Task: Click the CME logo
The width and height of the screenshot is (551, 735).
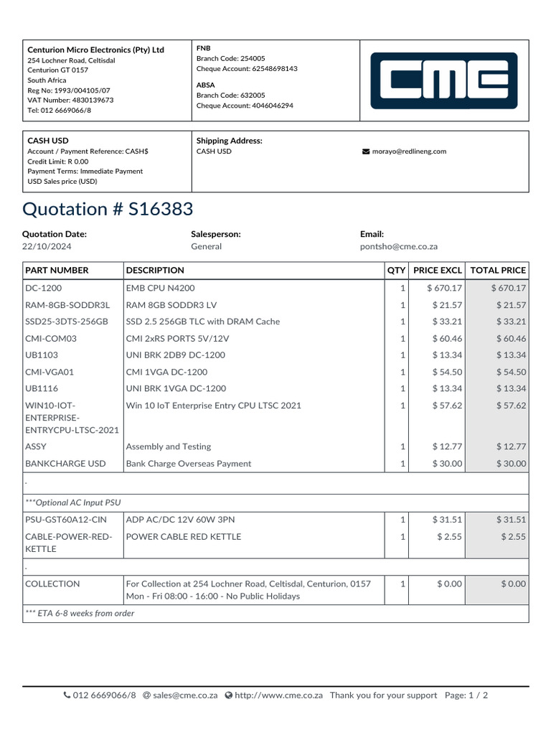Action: pyautogui.click(x=443, y=80)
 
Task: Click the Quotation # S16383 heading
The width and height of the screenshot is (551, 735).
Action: pyautogui.click(x=108, y=209)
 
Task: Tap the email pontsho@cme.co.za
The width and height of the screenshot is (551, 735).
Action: pyautogui.click(x=398, y=246)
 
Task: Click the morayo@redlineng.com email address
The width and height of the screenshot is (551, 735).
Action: pyautogui.click(x=409, y=151)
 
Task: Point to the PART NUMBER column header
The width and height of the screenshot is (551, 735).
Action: pyautogui.click(x=57, y=271)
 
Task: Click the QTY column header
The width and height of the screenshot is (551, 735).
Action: pyautogui.click(x=396, y=271)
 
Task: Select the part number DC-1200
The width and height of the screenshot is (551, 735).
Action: pyautogui.click(x=44, y=288)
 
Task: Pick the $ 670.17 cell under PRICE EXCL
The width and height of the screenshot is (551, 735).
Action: pyautogui.click(x=444, y=288)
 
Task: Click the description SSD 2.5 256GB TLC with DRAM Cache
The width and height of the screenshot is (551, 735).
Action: pyautogui.click(x=203, y=322)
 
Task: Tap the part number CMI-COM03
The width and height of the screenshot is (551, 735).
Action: pyautogui.click(x=51, y=338)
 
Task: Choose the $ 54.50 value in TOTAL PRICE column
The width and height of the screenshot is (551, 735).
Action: pyautogui.click(x=511, y=372)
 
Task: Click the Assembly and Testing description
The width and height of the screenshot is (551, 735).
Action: pyautogui.click(x=169, y=446)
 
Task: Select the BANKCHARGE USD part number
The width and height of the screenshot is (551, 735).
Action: pyautogui.click(x=65, y=464)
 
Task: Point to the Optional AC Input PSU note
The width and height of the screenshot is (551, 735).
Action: pyautogui.click(x=70, y=502)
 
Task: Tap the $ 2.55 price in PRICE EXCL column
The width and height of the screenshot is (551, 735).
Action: pyautogui.click(x=449, y=536)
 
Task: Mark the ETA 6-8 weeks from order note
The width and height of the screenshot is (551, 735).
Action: pyautogui.click(x=80, y=613)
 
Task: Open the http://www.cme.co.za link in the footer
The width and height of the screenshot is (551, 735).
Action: pyautogui.click(x=279, y=695)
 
